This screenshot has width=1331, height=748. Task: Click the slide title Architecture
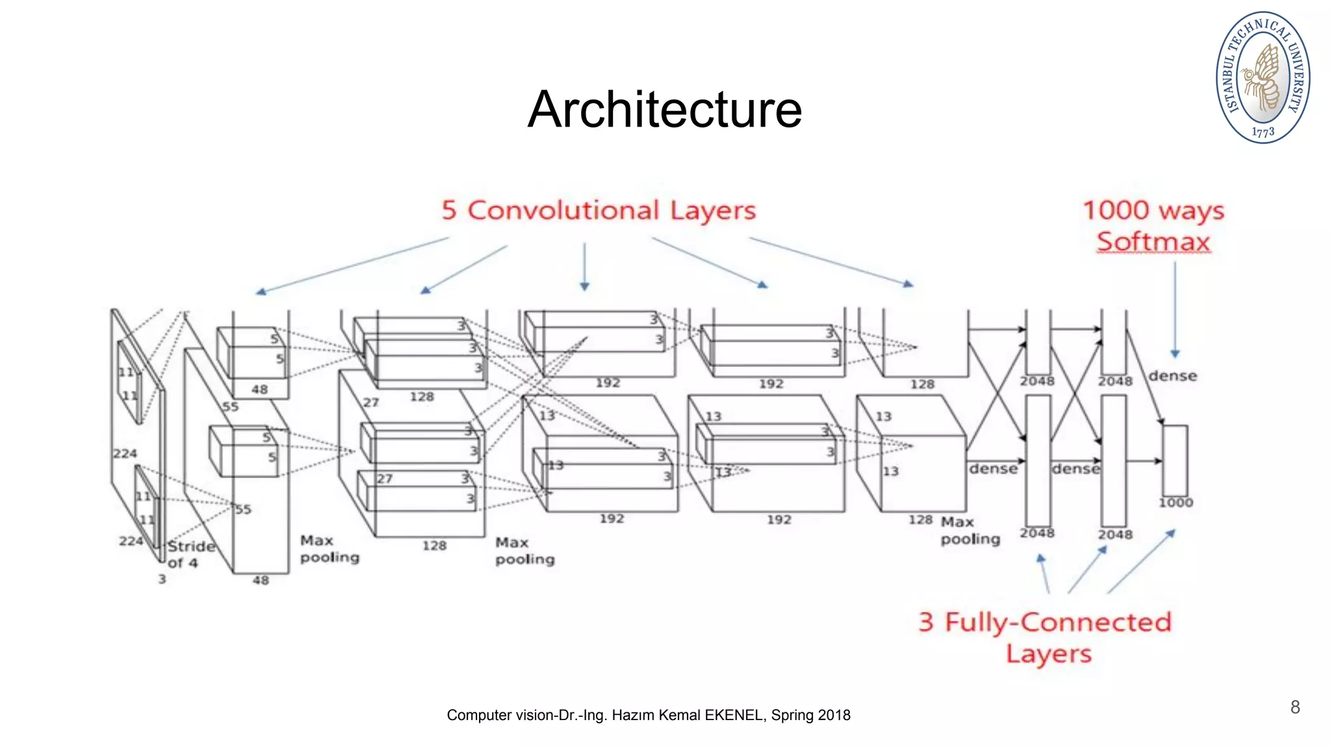click(665, 109)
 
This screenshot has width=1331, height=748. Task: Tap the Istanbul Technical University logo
click(1263, 77)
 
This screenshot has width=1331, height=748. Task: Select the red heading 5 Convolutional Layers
click(599, 210)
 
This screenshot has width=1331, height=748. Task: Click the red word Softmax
click(1154, 242)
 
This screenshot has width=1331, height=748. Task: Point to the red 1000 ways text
click(1153, 210)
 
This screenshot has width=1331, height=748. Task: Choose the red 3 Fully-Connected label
click(1045, 622)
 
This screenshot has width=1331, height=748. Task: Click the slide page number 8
click(1295, 707)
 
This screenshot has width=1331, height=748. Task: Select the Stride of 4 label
click(191, 554)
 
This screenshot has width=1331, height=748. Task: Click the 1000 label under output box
click(1176, 503)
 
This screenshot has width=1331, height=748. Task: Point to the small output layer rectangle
click(1175, 460)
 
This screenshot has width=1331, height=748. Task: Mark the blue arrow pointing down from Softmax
click(1175, 308)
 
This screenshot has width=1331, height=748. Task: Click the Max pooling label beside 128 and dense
click(970, 530)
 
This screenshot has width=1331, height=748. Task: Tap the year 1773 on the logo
click(1263, 132)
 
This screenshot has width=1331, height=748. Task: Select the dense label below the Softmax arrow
click(1172, 376)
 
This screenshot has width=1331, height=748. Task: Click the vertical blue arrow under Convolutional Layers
click(584, 266)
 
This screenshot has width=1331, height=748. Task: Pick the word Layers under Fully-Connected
click(1049, 654)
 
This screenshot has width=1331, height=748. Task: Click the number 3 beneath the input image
click(162, 579)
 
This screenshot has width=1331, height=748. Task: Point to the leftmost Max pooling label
click(330, 549)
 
